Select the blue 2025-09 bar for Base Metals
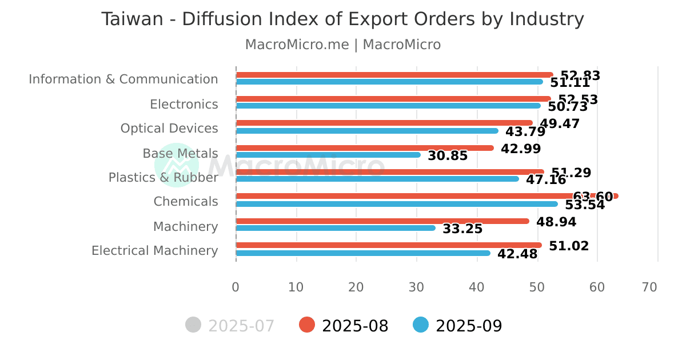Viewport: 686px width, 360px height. click(328, 155)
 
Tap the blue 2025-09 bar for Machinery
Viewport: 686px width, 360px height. click(335, 228)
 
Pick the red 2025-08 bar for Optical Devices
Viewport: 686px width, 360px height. click(384, 123)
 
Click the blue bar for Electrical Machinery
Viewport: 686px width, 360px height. click(362, 253)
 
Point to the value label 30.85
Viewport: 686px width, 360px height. click(448, 156)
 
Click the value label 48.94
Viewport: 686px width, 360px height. click(556, 222)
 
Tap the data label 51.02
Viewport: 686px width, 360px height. click(569, 246)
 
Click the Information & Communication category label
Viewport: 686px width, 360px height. click(123, 79)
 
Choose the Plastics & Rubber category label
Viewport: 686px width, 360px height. click(163, 178)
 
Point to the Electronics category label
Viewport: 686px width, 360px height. click(184, 105)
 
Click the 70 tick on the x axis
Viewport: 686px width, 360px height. click(649, 287)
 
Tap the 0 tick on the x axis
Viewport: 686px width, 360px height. click(236, 287)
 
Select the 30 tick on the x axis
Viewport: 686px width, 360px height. click(416, 287)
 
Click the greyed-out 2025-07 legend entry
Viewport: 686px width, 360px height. click(230, 326)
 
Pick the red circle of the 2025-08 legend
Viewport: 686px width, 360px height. click(307, 325)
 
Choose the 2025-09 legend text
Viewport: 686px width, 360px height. click(469, 326)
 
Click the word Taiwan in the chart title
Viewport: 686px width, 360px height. click(133, 19)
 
